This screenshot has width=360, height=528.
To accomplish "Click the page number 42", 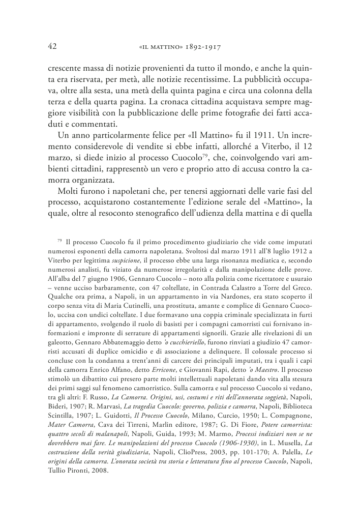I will (x=51, y=46).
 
